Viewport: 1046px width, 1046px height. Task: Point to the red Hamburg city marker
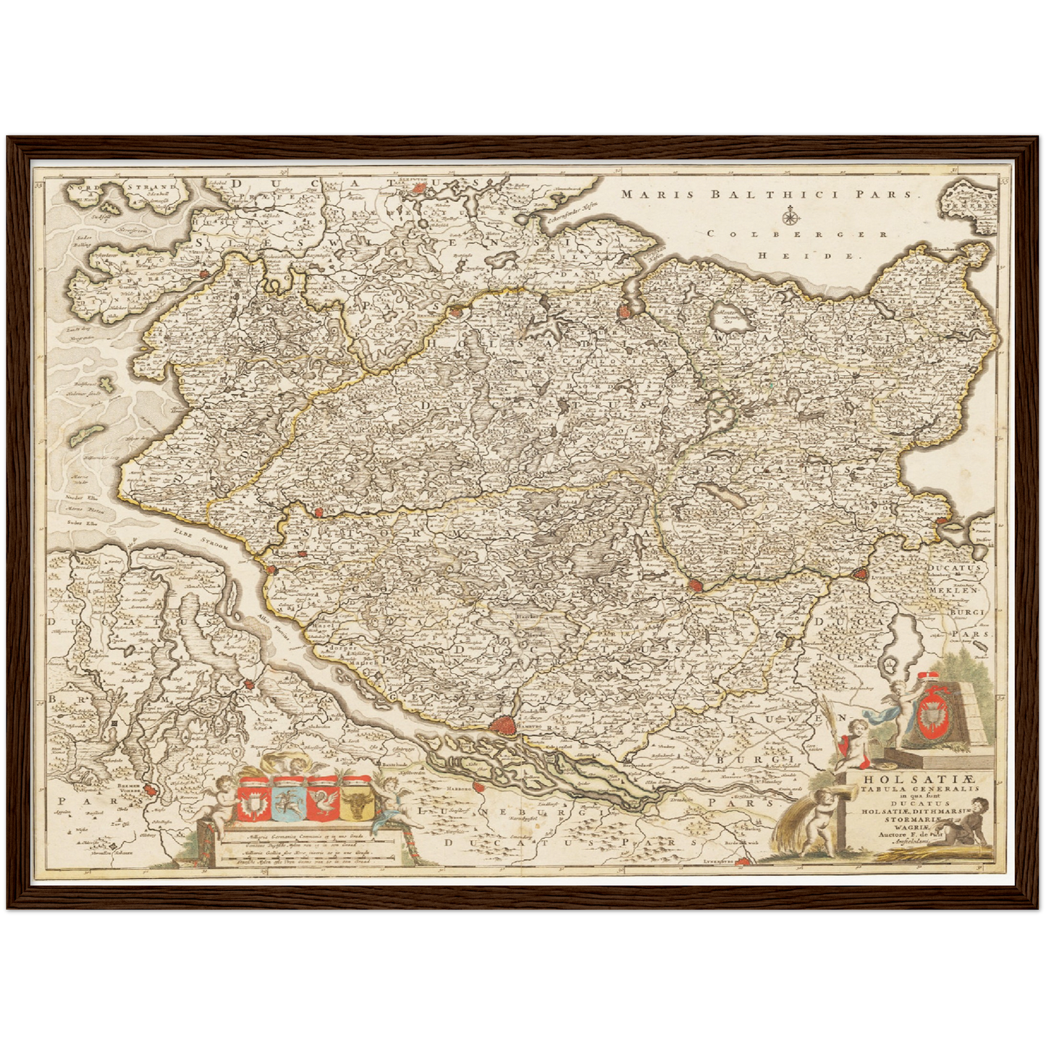pos(502,724)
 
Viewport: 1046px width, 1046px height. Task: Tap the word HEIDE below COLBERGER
pos(806,256)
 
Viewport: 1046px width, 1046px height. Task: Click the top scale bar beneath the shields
pos(304,838)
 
